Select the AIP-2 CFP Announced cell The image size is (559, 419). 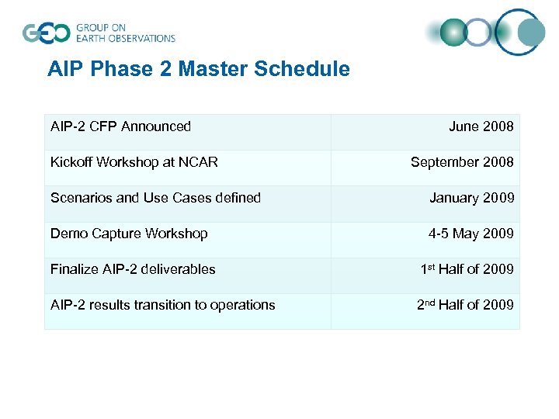pyautogui.click(x=120, y=126)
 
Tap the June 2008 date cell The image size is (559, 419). pyautogui.click(x=481, y=126)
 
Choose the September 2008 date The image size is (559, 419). pyautogui.click(x=462, y=162)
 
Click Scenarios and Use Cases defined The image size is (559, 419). pyautogui.click(x=155, y=198)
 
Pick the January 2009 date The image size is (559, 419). pyautogui.click(x=471, y=198)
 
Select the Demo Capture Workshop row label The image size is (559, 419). pyautogui.click(x=129, y=234)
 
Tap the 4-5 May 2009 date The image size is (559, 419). pyautogui.click(x=471, y=234)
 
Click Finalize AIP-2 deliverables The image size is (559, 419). pyautogui.click(x=133, y=269)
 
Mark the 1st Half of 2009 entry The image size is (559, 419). pyautogui.click(x=467, y=269)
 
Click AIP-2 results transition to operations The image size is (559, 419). pyautogui.click(x=162, y=305)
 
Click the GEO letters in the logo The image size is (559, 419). pyautogui.click(x=47, y=33)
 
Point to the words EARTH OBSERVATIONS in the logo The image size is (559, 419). pyautogui.click(x=125, y=38)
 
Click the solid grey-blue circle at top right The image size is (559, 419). pyautogui.click(x=531, y=33)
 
